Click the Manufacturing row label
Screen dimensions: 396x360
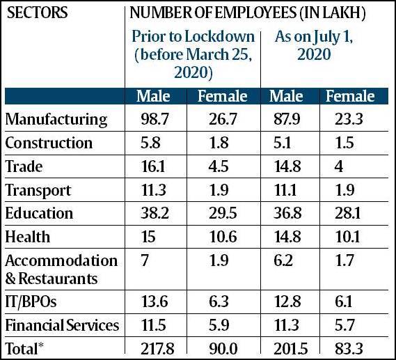[56, 119]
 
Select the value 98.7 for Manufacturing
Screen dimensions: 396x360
[155, 119]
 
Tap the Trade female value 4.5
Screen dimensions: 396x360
[219, 166]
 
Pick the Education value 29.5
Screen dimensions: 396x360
[223, 213]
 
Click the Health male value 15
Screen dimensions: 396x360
[148, 237]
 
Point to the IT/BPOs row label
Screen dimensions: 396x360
[31, 302]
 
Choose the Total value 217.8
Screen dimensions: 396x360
[157, 349]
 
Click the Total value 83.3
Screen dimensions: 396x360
[349, 349]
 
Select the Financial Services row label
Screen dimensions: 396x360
[62, 325]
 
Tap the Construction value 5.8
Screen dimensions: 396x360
[150, 143]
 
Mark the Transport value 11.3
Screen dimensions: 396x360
[153, 190]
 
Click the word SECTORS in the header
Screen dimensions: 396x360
[37, 13]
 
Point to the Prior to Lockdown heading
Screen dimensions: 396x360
[193, 54]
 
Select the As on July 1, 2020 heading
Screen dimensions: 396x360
[314, 45]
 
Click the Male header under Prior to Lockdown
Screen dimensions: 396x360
[153, 96]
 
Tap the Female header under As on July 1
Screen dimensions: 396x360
[350, 96]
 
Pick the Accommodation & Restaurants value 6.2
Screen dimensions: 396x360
[283, 260]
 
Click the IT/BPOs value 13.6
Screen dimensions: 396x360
[155, 302]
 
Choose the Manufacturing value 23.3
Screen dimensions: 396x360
[349, 119]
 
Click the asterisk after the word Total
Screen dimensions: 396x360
[40, 345]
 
